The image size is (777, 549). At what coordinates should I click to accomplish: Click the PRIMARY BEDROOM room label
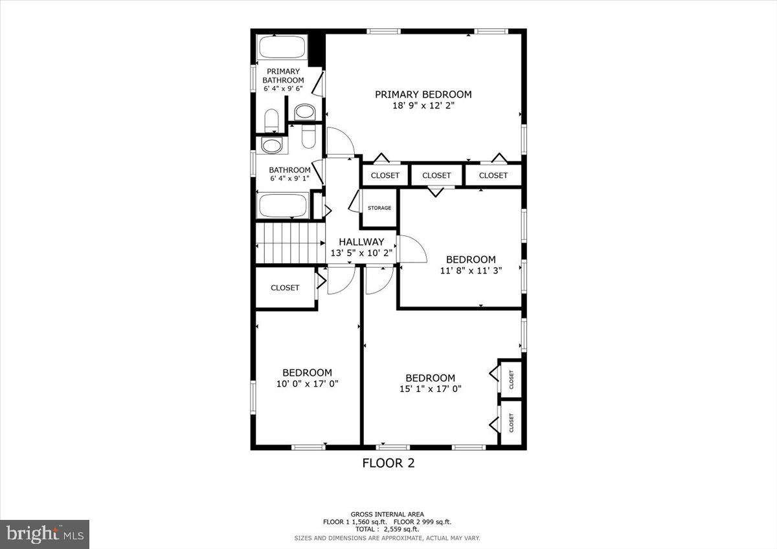click(x=423, y=94)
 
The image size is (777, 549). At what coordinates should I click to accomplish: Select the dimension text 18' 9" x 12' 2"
click(x=423, y=106)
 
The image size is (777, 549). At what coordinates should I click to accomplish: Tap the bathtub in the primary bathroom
click(x=282, y=48)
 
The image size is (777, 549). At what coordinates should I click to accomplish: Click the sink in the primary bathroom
click(x=304, y=113)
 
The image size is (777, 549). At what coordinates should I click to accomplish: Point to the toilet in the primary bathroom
click(x=272, y=121)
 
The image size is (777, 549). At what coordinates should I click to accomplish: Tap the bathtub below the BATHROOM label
click(x=282, y=207)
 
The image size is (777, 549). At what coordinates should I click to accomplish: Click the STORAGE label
click(x=379, y=208)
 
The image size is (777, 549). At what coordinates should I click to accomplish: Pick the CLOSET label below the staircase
click(x=285, y=288)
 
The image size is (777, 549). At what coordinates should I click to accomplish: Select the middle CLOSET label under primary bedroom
click(x=436, y=175)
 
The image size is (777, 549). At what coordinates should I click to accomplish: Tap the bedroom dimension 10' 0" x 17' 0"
click(x=307, y=383)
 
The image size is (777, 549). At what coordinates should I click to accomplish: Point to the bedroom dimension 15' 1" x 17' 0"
click(x=430, y=389)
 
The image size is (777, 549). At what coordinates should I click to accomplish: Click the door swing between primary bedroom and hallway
click(x=340, y=142)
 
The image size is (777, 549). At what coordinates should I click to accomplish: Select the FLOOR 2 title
click(x=388, y=463)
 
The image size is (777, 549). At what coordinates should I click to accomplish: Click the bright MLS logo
click(x=45, y=534)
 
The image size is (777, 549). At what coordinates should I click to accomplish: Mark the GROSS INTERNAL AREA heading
click(x=387, y=514)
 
